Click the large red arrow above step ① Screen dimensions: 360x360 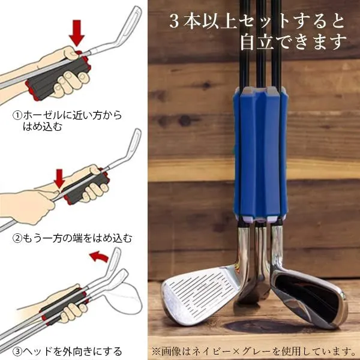click(x=77, y=32)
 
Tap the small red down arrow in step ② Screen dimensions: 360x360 click(x=59, y=178)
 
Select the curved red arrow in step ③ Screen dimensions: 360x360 click(x=99, y=256)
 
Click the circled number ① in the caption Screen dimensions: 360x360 click(x=17, y=115)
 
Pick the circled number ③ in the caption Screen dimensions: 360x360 click(x=17, y=351)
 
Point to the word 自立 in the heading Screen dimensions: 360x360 click(x=257, y=41)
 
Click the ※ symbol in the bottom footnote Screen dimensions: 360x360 click(x=156, y=351)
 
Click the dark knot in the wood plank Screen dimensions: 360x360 click(x=185, y=121)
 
